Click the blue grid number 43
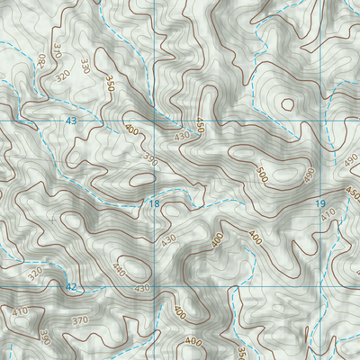(71, 120)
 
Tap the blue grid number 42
(71, 286)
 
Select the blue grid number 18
(155, 205)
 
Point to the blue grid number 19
(321, 205)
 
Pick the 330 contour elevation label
(86, 66)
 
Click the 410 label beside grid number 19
(327, 214)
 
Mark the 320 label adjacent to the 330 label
(63, 77)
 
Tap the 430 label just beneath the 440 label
(142, 288)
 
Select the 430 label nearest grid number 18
(168, 240)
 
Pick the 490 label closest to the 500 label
(309, 174)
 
